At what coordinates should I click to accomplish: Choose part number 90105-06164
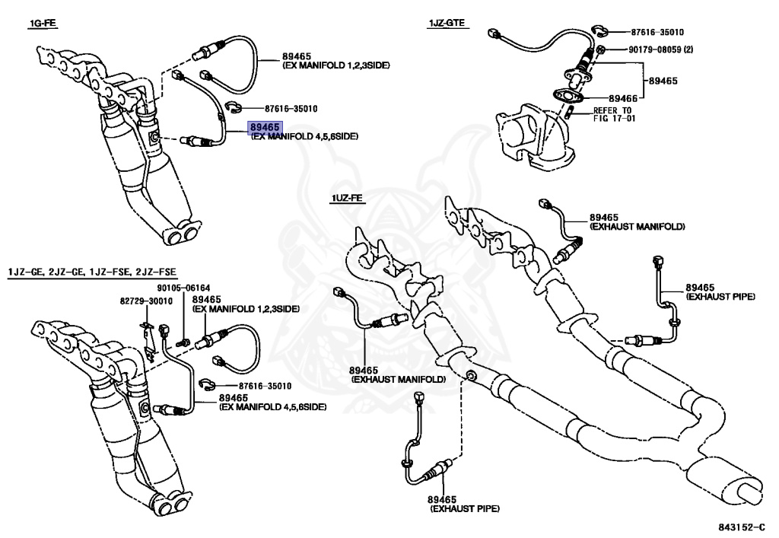(183, 288)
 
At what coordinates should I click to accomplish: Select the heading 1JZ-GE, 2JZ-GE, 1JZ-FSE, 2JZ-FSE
(92, 272)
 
